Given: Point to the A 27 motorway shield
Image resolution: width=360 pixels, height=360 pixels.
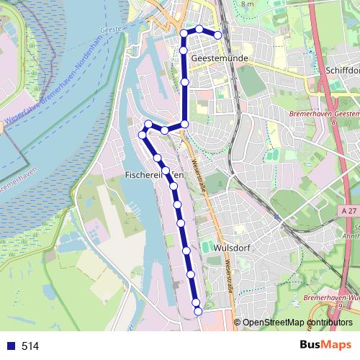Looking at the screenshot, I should (x=349, y=210).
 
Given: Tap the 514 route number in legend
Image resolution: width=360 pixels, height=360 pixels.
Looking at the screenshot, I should (x=30, y=346).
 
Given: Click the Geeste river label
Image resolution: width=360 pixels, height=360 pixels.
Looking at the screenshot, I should (x=111, y=30).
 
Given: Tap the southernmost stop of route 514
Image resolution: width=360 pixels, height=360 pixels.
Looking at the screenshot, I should (x=198, y=310).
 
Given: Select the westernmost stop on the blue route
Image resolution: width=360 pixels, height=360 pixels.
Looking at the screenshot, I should (x=142, y=134).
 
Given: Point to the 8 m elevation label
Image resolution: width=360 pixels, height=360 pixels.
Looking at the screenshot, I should (x=248, y=4).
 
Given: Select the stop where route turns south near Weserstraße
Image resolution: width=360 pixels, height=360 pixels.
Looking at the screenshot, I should (x=184, y=125).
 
